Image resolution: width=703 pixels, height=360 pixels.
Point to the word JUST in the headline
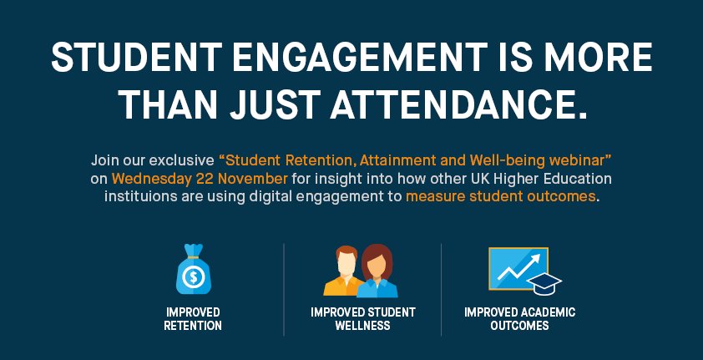[x=269, y=106]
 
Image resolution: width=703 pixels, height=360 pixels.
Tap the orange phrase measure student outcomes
[x=501, y=197]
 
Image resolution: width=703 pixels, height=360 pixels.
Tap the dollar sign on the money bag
[x=193, y=276]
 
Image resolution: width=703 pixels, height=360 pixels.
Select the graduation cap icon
[x=546, y=283]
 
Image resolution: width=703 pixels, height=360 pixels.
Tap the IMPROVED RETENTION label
[x=193, y=318]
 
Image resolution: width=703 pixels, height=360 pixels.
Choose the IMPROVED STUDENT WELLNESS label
[x=363, y=318]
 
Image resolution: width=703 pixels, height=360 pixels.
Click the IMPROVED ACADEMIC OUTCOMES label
[x=520, y=318]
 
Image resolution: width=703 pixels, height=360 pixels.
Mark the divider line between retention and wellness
[x=284, y=289]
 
